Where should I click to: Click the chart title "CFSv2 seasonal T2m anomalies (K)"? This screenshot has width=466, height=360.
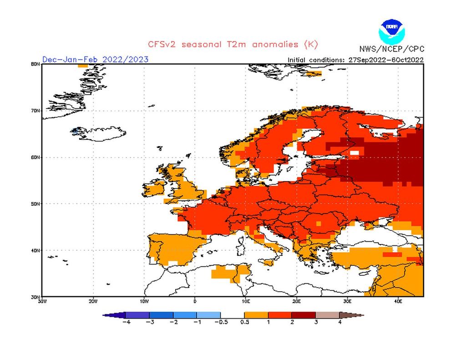[x=233, y=44]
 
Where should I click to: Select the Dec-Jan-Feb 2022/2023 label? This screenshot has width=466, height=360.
[x=95, y=59]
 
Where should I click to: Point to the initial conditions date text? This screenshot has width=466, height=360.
[x=355, y=60]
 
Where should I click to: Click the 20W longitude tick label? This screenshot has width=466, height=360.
[x=93, y=301]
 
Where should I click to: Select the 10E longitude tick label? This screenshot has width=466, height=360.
[x=246, y=301]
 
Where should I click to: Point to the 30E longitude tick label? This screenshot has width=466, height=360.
[x=347, y=301]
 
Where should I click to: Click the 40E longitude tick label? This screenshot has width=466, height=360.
[x=398, y=301]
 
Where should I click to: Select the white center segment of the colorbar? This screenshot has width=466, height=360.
[x=233, y=314]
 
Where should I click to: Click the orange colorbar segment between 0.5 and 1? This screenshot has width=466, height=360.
[x=256, y=314]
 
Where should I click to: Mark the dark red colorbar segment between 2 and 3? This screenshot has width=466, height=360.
[x=304, y=314]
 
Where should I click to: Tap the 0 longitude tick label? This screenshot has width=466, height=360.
[x=195, y=301]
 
